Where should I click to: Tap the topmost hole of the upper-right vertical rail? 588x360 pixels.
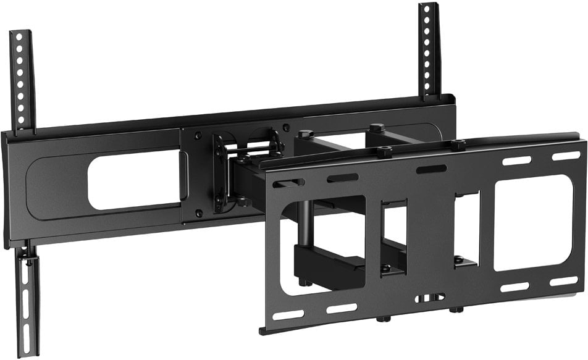click(x=427, y=10)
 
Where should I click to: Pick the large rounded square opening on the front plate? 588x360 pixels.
click(x=534, y=222)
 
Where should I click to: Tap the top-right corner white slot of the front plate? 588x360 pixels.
click(x=566, y=156)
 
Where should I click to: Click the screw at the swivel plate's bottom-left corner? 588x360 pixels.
click(x=199, y=213)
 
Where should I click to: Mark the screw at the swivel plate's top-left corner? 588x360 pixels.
click(x=198, y=135)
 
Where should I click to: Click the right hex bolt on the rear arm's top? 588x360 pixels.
click(x=376, y=128)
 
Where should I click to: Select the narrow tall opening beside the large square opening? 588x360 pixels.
click(x=468, y=229)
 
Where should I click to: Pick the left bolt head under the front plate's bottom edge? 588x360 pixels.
click(x=381, y=320)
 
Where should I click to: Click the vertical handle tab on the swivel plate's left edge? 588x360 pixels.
click(x=183, y=175)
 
